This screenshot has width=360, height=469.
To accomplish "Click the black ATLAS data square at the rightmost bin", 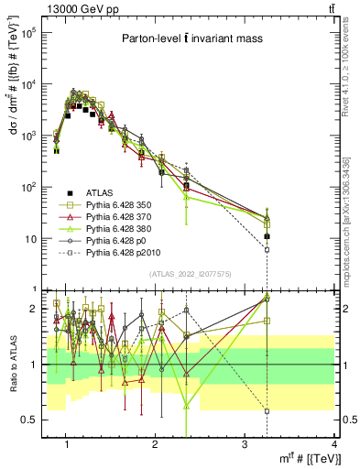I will pos(267,236).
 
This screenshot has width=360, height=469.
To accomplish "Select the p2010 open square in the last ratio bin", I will pos(267,411).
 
